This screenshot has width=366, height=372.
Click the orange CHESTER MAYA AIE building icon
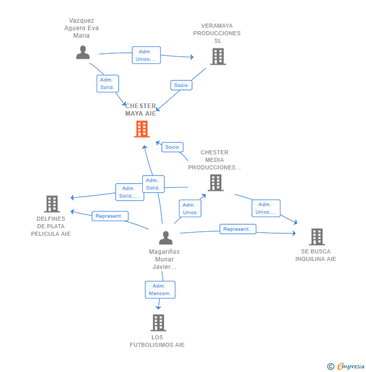click(x=142, y=129)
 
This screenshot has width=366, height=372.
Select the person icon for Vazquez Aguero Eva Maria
click(x=83, y=52)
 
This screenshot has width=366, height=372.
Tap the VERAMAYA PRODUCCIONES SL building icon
click(x=218, y=56)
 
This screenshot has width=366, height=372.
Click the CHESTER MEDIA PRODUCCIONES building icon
click(x=216, y=182)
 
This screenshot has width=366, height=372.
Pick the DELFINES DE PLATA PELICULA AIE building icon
click(x=52, y=204)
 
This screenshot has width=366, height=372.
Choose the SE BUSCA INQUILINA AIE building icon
click(x=316, y=236)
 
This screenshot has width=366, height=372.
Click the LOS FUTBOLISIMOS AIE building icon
click(x=158, y=322)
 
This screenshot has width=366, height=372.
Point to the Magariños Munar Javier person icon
click(x=165, y=238)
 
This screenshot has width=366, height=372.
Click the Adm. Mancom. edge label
click(x=160, y=290)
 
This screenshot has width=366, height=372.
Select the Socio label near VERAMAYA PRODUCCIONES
click(x=181, y=85)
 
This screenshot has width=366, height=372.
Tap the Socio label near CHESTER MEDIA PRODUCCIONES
click(x=172, y=147)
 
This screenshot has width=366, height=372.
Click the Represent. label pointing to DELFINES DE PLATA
click(x=110, y=216)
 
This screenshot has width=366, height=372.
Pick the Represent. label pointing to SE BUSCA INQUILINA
click(x=237, y=229)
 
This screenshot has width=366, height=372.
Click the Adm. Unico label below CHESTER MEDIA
click(x=190, y=209)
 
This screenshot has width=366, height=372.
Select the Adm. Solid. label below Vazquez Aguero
click(x=107, y=83)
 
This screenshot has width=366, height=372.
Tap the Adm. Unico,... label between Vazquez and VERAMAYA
click(x=146, y=55)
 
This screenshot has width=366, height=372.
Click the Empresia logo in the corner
click(x=350, y=366)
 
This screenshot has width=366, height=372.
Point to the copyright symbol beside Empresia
click(x=331, y=366)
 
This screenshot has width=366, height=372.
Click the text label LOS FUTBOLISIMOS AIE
click(x=157, y=341)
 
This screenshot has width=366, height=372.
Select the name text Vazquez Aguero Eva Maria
click(x=81, y=28)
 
